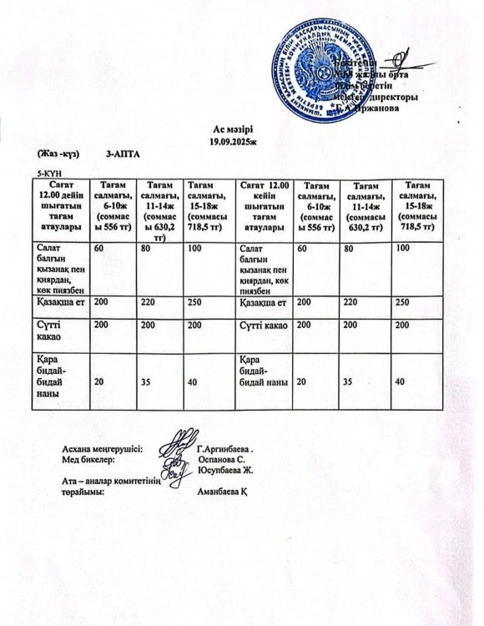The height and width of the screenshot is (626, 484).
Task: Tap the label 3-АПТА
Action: (x=124, y=155)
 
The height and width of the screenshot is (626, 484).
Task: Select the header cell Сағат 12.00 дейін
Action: (x=61, y=204)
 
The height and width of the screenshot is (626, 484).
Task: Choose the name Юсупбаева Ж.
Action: (x=225, y=471)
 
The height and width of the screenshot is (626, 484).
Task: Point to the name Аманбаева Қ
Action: (x=222, y=492)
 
